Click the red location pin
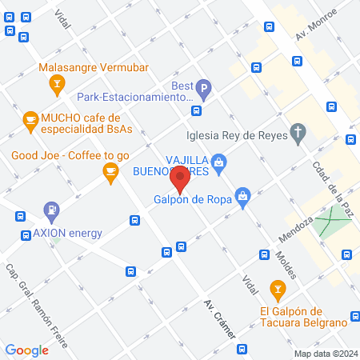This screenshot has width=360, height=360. point(181,179)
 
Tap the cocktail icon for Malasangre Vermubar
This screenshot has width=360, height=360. point(57,82)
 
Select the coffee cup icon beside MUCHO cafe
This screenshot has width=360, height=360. point(30,121)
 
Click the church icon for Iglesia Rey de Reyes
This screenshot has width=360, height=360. point(298,133)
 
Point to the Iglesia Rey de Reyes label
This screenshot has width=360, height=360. point(237,134)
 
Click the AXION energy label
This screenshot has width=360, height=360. point(67,234)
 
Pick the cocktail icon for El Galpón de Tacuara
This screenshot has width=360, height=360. point(277,288)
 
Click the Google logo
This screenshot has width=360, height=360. point(26,350)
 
